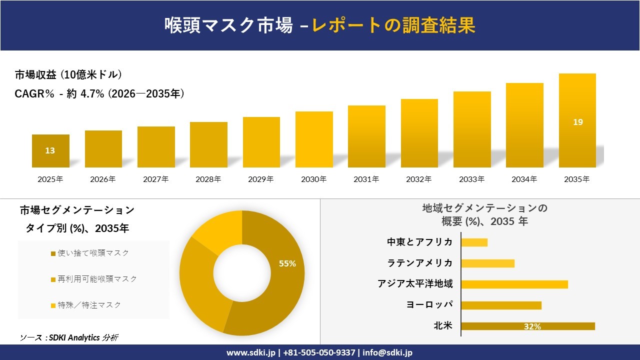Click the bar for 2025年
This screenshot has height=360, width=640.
pyautogui.click(x=50, y=151)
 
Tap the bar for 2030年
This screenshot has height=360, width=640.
pyautogui.click(x=314, y=139)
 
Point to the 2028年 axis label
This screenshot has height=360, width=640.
pyautogui.click(x=208, y=179)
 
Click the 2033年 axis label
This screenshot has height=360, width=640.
pyautogui.click(x=472, y=179)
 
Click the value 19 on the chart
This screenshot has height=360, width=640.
pyautogui.click(x=577, y=122)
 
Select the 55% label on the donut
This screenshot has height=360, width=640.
pyautogui.click(x=287, y=263)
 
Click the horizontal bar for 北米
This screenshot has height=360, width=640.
pyautogui.click(x=527, y=326)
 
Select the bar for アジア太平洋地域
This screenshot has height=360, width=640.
pyautogui.click(x=514, y=284)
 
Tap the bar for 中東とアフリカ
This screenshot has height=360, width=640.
pyautogui.click(x=474, y=242)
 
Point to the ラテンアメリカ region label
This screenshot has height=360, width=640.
pyautogui.click(x=420, y=263)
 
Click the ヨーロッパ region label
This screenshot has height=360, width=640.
pyautogui.click(x=430, y=305)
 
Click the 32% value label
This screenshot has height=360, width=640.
pyautogui.click(x=532, y=326)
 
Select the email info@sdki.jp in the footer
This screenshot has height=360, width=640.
pyautogui.click(x=387, y=352)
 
